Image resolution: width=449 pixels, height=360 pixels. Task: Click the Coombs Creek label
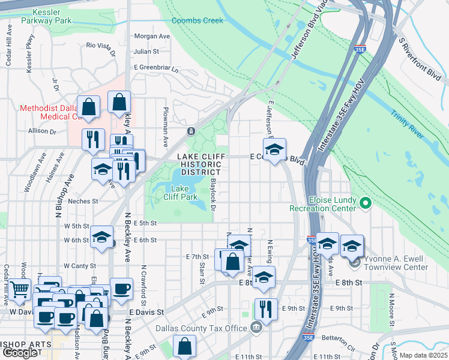coord(197,20)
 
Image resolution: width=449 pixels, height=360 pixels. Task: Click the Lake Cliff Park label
coord(180,192)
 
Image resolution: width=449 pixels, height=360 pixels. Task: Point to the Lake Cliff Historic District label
coord(197,164)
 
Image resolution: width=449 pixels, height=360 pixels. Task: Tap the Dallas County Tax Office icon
coord(256,328)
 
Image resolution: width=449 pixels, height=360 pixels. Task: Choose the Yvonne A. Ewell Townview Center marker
coord(354,262)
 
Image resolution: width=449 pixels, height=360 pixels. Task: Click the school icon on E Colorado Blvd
coord(274,150)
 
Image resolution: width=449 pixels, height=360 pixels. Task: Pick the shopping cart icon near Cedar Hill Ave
coord(20,290)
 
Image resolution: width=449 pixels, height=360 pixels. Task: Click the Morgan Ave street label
coord(152,36)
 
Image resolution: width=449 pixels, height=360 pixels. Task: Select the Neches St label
coord(83,201)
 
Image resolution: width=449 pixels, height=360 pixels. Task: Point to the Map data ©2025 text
coord(423,355)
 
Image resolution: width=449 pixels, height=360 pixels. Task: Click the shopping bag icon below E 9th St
coord(184,347)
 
